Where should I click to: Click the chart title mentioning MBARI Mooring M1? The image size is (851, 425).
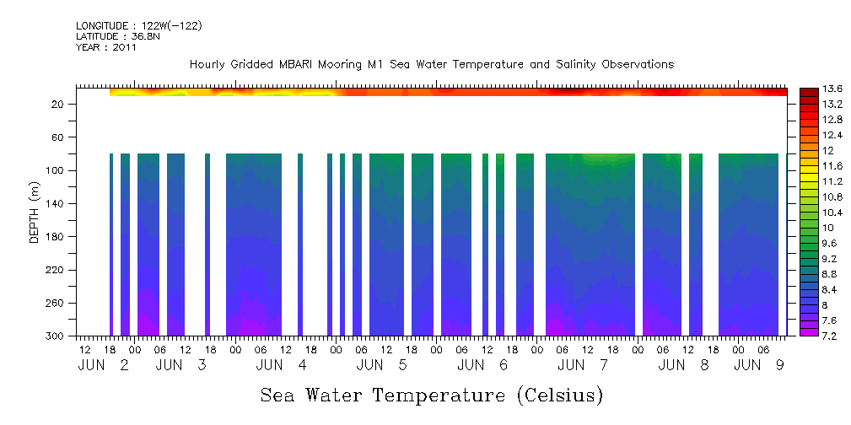pyautogui.click(x=431, y=65)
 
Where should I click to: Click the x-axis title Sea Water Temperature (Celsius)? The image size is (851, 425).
pyautogui.click(x=431, y=395)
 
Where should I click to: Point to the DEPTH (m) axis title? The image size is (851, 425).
pyautogui.click(x=35, y=216)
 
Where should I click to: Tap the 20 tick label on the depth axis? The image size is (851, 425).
pyautogui.click(x=60, y=105)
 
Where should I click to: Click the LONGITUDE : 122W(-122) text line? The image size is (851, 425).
pyautogui.click(x=138, y=26)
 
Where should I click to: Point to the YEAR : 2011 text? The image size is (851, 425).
pyautogui.click(x=105, y=47)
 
